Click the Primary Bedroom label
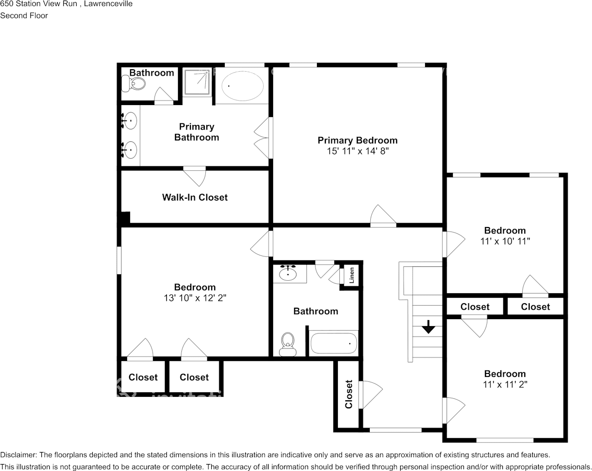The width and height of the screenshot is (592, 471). click(x=357, y=140)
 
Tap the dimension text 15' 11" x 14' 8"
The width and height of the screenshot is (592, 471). click(x=357, y=151)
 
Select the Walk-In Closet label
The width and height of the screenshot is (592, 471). click(x=195, y=197)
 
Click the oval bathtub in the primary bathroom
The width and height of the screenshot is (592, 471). click(x=242, y=86)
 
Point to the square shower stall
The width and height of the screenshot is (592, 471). click(x=196, y=82)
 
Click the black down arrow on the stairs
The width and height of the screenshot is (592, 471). click(x=428, y=327)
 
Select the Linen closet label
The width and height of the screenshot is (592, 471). click(x=352, y=275)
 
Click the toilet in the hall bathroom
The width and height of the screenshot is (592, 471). click(x=288, y=344)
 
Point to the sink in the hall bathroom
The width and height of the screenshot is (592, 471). click(x=289, y=273)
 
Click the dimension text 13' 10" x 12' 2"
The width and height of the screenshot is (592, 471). click(x=195, y=298)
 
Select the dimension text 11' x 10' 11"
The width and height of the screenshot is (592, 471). click(x=505, y=241)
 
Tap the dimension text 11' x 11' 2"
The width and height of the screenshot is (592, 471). click(x=505, y=385)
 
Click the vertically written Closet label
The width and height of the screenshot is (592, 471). click(x=348, y=394)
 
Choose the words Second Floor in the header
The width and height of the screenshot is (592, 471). click(x=24, y=16)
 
